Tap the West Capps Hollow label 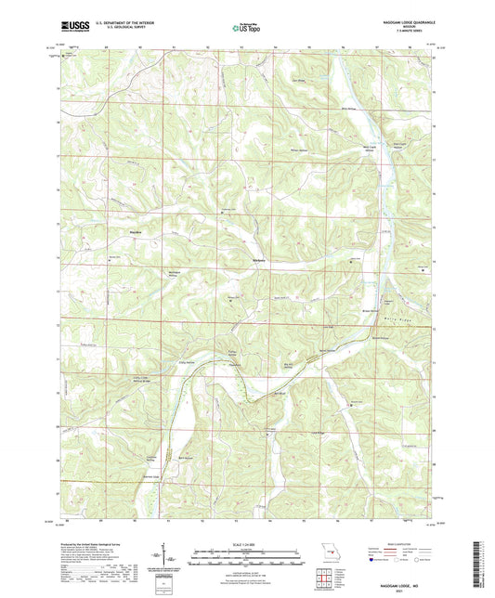(370, 149)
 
